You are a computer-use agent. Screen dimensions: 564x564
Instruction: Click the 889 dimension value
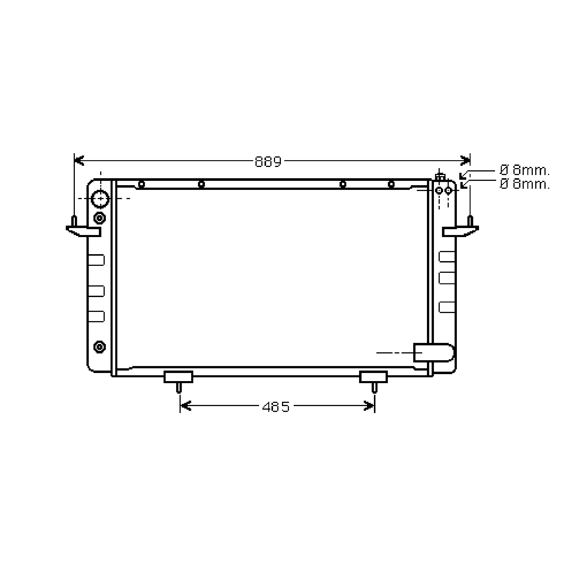(x=268, y=161)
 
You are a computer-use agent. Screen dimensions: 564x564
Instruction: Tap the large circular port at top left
(x=100, y=199)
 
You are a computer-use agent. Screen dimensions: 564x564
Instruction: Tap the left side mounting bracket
(x=83, y=231)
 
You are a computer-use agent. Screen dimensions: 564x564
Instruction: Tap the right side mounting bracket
(x=460, y=231)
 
